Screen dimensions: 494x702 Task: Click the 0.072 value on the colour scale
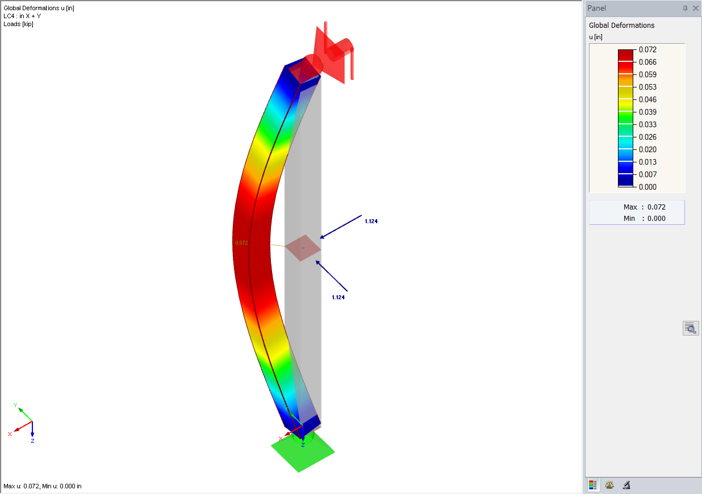tap(647, 50)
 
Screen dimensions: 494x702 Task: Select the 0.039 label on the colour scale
tap(647, 112)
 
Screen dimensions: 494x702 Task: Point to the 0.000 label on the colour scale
tap(647, 187)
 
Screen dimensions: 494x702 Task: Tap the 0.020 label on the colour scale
tap(647, 150)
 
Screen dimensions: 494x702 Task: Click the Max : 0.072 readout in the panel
tap(644, 207)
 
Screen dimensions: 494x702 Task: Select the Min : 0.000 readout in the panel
tap(644, 219)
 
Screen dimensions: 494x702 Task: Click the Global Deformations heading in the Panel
tap(621, 26)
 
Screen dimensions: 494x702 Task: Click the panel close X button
tap(696, 9)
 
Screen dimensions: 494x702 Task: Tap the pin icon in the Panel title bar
tap(686, 9)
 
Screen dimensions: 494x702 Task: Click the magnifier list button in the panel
tap(690, 328)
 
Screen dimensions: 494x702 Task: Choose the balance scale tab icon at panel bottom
tap(609, 485)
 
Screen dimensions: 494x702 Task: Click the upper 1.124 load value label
tap(371, 221)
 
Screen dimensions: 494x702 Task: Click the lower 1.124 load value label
tap(338, 298)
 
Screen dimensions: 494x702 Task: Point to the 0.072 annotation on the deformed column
tap(241, 243)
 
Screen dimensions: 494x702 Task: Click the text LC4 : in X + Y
tap(22, 16)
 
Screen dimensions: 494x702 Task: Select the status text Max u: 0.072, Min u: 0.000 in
tap(43, 486)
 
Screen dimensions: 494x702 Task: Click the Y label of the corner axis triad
tap(15, 405)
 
